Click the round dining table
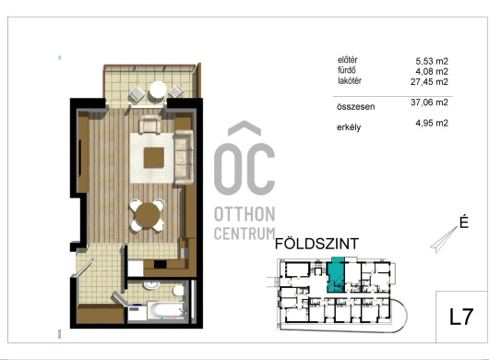pos(148,215)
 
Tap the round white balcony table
pos(158,90)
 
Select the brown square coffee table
pos(154,158)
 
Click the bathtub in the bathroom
pos(166,310)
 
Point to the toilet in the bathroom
pos(179,291)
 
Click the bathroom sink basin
pos(151,285)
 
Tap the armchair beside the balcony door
pos(150,125)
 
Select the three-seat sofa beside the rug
pos(183,158)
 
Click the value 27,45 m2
pos(429,82)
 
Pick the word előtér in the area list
pos(348,60)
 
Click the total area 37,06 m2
pos(429,102)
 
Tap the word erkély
pos(349,127)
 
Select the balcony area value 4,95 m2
pos(432,123)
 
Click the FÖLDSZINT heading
pos(316,244)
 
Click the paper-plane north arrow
pos(444,240)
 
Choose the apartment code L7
pos(461,318)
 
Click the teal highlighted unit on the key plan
pos(335,276)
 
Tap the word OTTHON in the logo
pos(244,215)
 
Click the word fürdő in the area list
pos(347,70)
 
